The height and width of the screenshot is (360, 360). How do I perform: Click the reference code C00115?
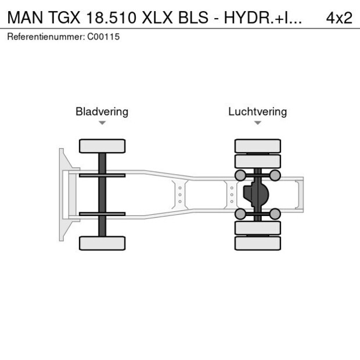click(x=105, y=37)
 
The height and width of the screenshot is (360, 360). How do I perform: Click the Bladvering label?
click(x=102, y=111)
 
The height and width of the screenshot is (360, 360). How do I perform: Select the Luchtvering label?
click(x=257, y=111)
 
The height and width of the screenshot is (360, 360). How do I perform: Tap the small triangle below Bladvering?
click(x=102, y=123)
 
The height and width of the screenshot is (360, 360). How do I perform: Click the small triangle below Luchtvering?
click(x=257, y=123)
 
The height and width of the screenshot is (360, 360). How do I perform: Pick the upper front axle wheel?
click(x=102, y=146)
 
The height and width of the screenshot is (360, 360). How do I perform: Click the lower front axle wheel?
click(x=102, y=243)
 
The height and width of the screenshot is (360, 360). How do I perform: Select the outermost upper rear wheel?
click(x=257, y=146)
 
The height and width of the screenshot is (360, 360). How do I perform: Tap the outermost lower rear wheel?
click(x=257, y=243)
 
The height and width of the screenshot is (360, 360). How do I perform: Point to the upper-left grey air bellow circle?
click(x=239, y=175)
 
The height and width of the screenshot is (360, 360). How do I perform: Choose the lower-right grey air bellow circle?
click(x=275, y=214)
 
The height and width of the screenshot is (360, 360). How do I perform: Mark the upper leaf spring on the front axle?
click(x=102, y=175)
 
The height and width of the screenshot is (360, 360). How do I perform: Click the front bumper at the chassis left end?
click(x=62, y=195)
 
